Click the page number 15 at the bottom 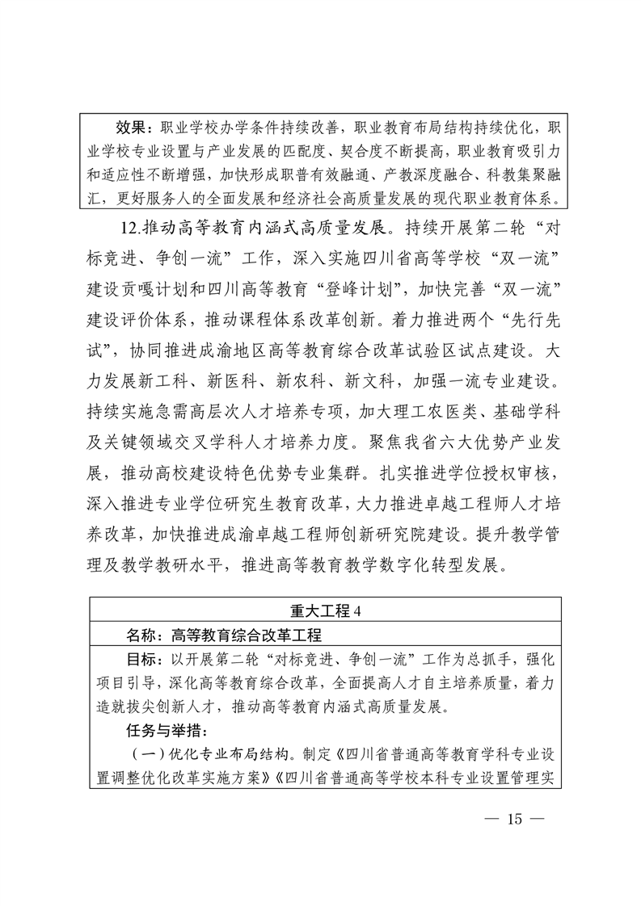click(512, 821)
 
